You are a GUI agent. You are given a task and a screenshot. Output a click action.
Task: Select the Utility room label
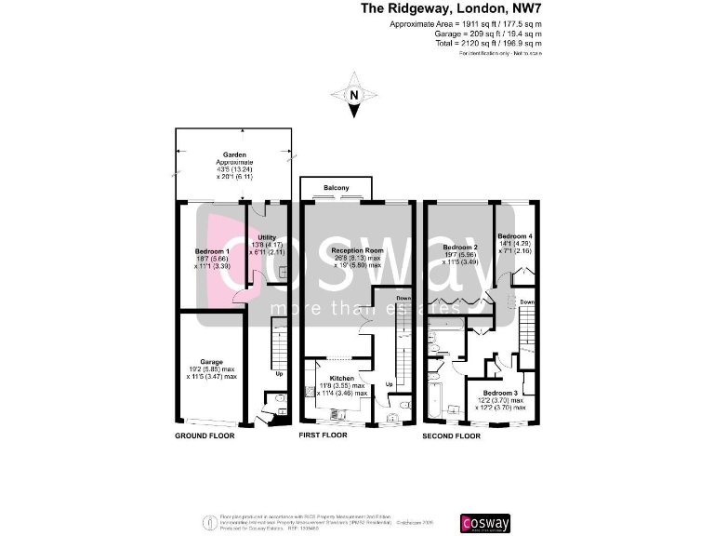[x=268, y=237]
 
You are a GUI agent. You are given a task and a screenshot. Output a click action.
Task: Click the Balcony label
[x=337, y=188]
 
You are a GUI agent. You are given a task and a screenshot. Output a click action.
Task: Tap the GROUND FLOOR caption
[x=205, y=435]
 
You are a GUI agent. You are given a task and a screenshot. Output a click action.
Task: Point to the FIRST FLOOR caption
[x=323, y=435]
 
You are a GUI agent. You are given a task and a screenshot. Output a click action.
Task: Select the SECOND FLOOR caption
[x=451, y=435]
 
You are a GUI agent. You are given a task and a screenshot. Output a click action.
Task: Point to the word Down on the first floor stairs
[x=403, y=298]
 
